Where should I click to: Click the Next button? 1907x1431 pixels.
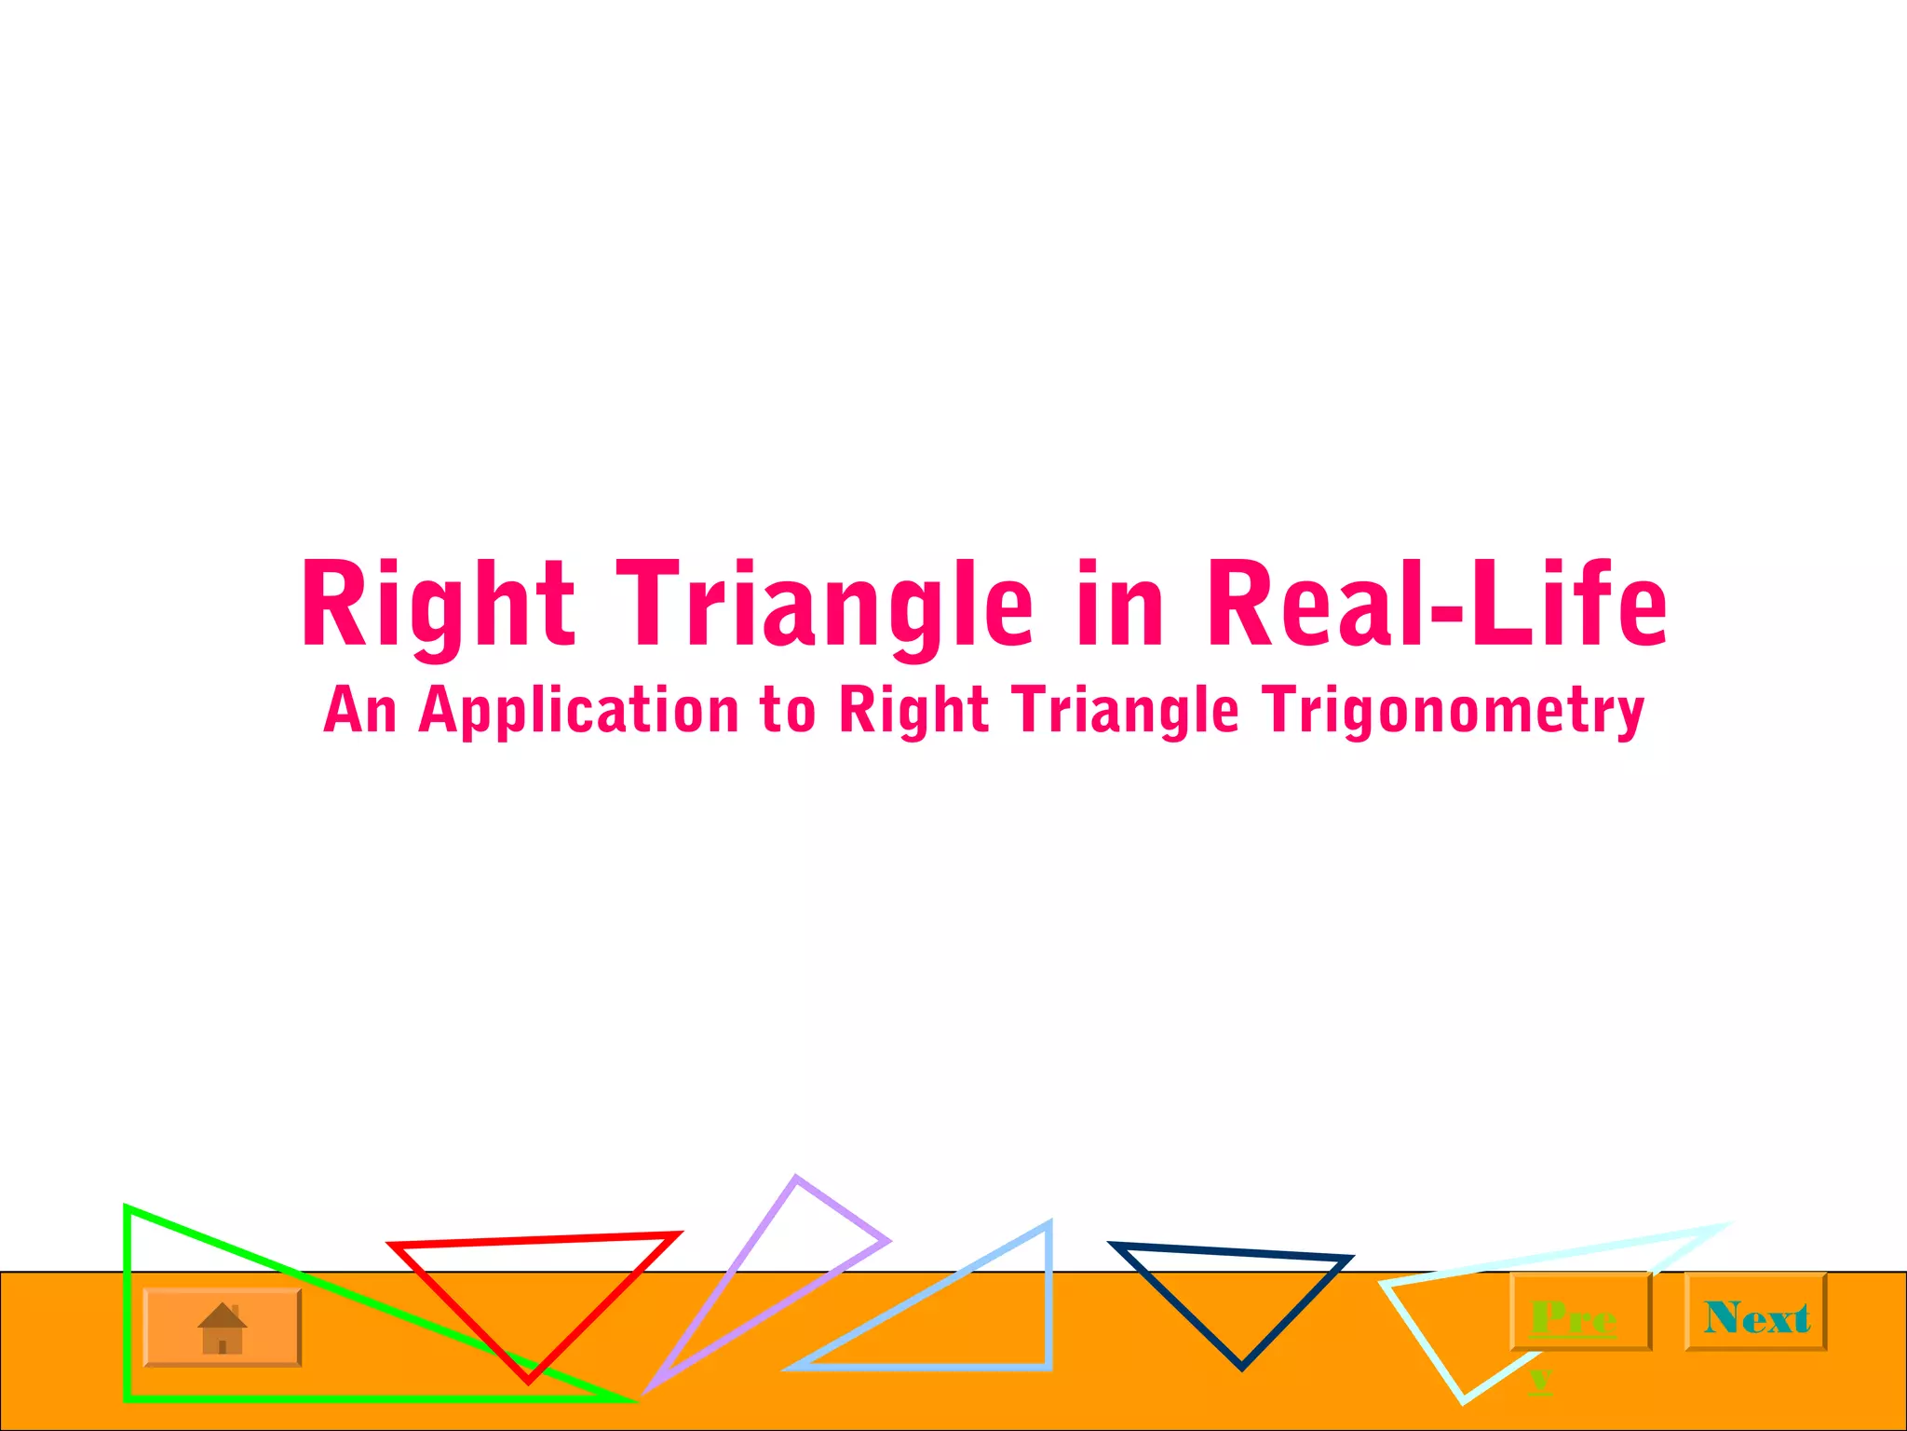tap(1755, 1312)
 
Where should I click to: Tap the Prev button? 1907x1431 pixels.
tap(1580, 1312)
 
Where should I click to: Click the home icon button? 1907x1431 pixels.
tap(222, 1328)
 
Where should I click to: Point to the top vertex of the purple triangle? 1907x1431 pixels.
tap(796, 1179)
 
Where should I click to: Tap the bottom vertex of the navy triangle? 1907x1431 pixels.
tap(1241, 1367)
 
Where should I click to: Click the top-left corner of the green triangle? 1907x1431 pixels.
tap(128, 1209)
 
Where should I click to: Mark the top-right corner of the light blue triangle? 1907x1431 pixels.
tap(1048, 1226)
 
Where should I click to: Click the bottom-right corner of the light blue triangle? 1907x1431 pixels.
tap(1048, 1367)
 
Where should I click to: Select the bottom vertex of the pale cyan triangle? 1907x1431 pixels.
tap(1463, 1399)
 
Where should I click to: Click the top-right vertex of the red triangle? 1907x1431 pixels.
tap(677, 1235)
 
